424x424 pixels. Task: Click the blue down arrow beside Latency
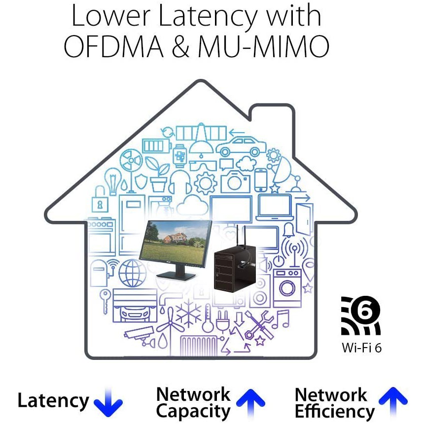pyautogui.click(x=108, y=402)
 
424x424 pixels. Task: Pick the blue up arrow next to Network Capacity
pyautogui.click(x=251, y=402)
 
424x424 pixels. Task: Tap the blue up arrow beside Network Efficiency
pyautogui.click(x=393, y=402)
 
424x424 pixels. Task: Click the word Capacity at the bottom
pyautogui.click(x=193, y=411)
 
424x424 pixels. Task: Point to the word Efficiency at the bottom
pyautogui.click(x=335, y=411)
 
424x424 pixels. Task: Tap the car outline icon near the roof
pyautogui.click(x=240, y=146)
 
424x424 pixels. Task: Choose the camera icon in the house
pyautogui.click(x=235, y=182)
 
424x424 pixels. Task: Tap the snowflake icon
pyautogui.click(x=188, y=313)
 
